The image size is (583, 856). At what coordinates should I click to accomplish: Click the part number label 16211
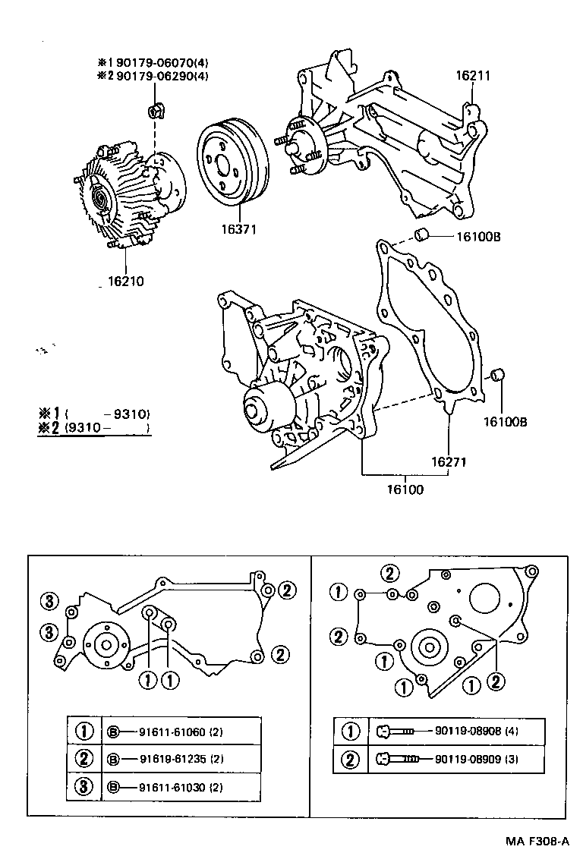pos(472,76)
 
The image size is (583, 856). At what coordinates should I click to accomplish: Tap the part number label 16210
pos(125,281)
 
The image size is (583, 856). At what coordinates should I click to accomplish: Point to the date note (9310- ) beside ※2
pos(107,429)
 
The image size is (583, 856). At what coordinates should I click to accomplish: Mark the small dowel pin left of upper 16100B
pos(425,231)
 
